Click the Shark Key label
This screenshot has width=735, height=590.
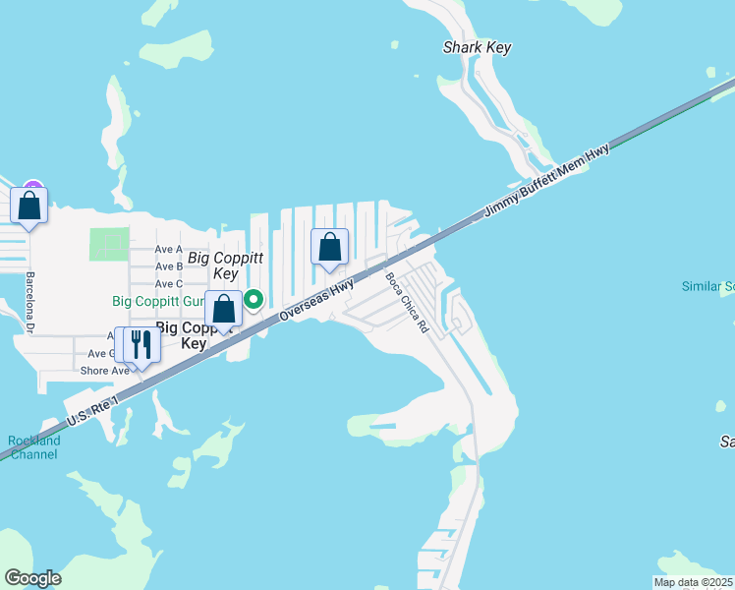point(478,47)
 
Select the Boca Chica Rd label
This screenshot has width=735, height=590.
point(407,302)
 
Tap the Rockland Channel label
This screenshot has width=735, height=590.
point(33,447)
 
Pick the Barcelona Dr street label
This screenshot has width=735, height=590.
point(30,302)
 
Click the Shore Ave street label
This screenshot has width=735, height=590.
point(105,371)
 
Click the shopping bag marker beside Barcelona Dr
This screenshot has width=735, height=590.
point(29,206)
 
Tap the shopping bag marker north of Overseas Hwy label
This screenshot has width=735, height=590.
point(330,247)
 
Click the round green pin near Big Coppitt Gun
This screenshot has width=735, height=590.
point(254,298)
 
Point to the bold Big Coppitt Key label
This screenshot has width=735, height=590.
point(194,335)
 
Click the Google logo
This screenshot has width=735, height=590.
point(32,578)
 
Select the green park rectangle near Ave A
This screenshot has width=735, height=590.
point(109,244)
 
